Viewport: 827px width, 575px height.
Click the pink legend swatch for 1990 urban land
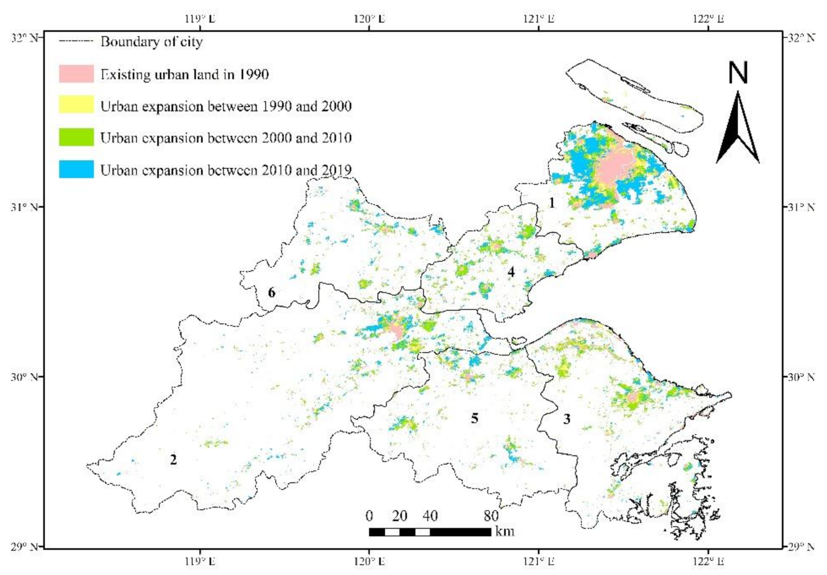[76, 73]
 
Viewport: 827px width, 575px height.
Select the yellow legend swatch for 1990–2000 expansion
[76, 105]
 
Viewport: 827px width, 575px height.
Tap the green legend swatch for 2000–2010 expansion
[76, 137]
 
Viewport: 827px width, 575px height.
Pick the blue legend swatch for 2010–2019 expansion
[76, 169]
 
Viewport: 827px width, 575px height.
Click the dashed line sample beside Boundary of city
[76, 42]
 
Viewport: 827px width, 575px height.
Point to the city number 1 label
[551, 203]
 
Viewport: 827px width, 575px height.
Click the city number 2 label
[173, 460]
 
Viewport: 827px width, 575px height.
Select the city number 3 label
[567, 419]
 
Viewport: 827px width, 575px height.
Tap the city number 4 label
[511, 272]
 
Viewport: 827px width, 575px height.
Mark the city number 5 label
[475, 418]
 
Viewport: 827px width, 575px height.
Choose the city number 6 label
[272, 292]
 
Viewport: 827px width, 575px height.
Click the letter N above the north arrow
[738, 73]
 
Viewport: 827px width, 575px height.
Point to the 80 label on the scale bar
[491, 516]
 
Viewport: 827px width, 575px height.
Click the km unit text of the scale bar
[505, 531]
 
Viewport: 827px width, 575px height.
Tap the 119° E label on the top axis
[200, 19]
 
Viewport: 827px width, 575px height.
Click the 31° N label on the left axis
[24, 207]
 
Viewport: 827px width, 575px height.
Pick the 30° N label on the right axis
[801, 377]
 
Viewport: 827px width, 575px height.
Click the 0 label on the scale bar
[369, 516]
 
